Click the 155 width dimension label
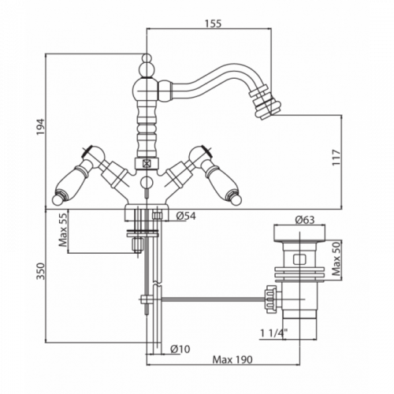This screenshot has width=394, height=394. pos(213,24)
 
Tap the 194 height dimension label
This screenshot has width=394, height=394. pos(41,128)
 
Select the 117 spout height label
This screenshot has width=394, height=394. pos(336,158)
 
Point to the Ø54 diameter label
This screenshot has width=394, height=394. pos(186,216)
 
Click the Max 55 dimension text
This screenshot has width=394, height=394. pos(63,229)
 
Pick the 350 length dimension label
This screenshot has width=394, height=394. pos(41,271)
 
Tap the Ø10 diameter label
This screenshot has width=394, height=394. pos(180,349)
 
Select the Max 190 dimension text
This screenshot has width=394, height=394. pos(232,359)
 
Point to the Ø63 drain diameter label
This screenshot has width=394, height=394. pos(304,220)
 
